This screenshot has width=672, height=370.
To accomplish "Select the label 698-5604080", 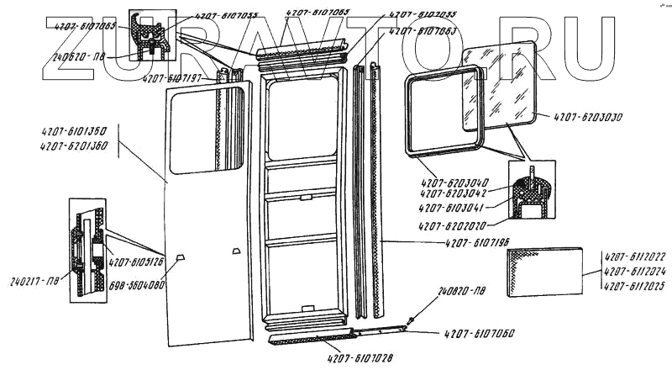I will coord(138,284).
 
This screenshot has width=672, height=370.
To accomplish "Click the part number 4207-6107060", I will coord(476,334).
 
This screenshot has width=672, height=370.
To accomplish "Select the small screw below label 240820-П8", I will coord(410,320).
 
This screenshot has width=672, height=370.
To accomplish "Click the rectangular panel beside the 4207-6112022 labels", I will coord(549,272).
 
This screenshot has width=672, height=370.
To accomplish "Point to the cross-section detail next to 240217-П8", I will coord(87,245).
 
